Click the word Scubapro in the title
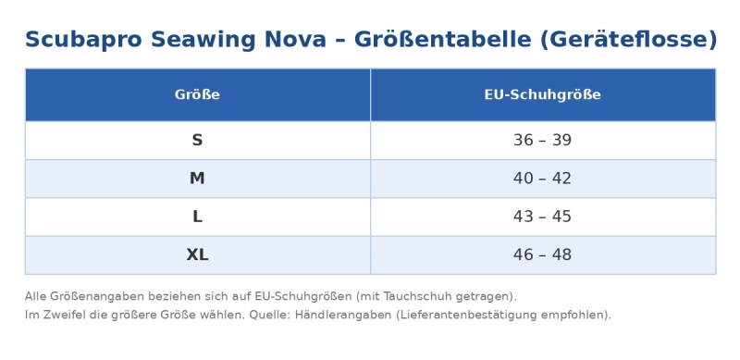[83, 40]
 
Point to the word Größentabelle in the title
[443, 39]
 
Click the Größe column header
[197, 94]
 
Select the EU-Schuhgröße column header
[543, 94]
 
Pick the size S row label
[197, 141]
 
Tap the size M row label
[197, 179]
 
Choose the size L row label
[197, 217]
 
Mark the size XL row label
[197, 255]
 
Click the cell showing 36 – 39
[543, 141]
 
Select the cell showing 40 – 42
[543, 179]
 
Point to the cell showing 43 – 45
[543, 217]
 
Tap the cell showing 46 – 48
[543, 255]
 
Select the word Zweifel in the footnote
[57, 316]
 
